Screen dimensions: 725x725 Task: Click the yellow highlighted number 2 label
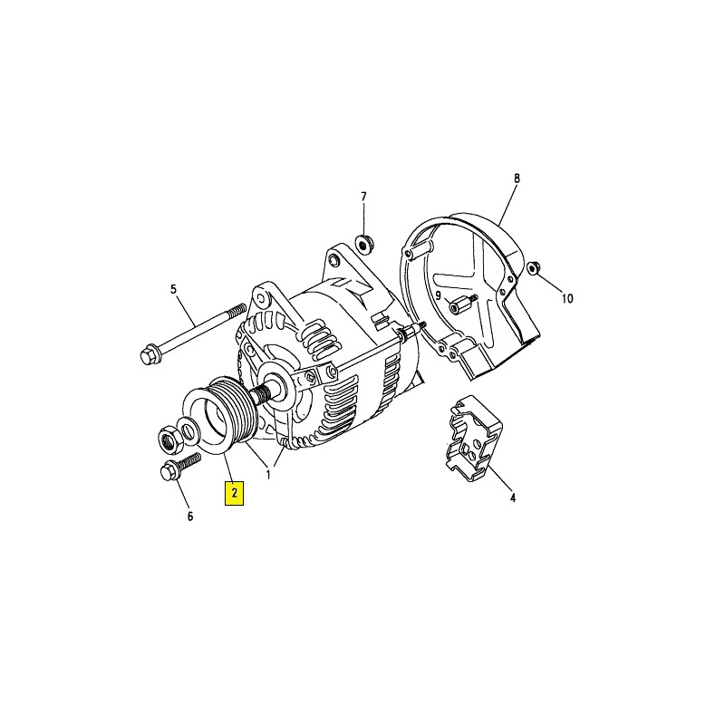(x=234, y=493)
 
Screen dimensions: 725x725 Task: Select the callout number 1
(x=268, y=474)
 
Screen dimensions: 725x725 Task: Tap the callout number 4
(x=512, y=498)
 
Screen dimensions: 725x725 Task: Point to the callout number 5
(x=173, y=289)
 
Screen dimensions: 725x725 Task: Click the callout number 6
(x=190, y=517)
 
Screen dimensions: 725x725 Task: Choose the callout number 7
(x=363, y=197)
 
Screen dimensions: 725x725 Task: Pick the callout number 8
(x=517, y=178)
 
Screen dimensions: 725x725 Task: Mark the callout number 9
(x=439, y=295)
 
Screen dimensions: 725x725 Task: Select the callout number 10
(x=567, y=299)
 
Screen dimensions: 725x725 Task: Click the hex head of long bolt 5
(x=148, y=355)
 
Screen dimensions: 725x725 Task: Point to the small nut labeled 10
(x=533, y=267)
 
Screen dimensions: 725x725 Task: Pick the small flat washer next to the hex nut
(x=188, y=430)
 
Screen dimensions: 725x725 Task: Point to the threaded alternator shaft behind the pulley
(x=262, y=395)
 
